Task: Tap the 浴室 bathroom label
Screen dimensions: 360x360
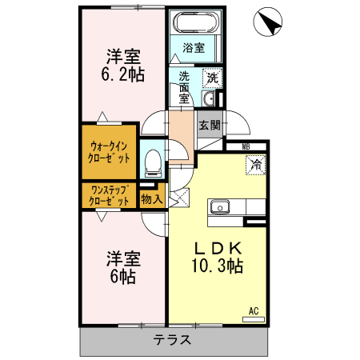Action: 193,47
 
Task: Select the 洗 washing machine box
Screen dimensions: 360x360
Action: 212,78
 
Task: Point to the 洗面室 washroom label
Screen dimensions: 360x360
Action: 184,86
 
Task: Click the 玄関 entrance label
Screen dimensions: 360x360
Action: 210,125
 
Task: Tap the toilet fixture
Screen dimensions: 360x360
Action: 152,162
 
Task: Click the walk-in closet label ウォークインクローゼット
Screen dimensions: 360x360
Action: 110,151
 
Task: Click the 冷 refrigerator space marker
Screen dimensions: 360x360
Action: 256,166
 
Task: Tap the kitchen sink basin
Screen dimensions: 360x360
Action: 220,208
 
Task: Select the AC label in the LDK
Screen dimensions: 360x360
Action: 253,310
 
